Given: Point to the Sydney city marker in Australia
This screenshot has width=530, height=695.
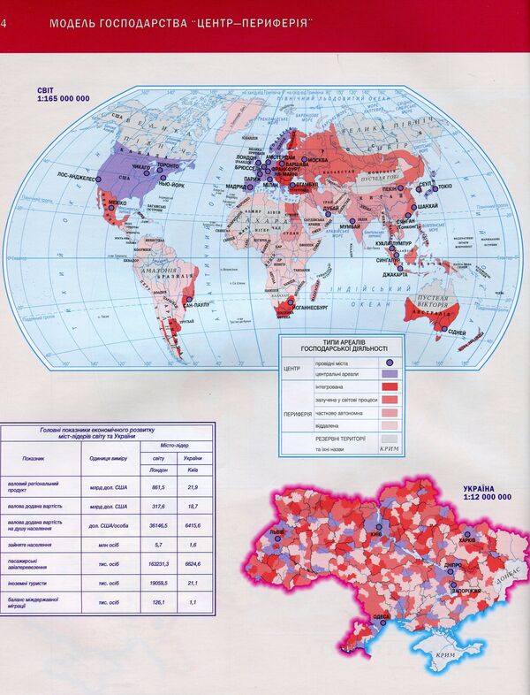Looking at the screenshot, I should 442,329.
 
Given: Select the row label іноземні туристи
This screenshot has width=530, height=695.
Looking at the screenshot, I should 32,584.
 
